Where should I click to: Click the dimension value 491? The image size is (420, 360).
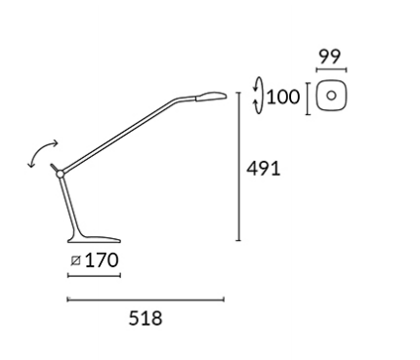[x=263, y=169]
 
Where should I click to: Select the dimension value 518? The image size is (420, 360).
[x=146, y=318]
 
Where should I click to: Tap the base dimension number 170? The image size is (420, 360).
[x=102, y=260]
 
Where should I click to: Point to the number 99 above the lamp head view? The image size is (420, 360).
[x=330, y=57]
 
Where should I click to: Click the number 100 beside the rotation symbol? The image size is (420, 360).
[x=283, y=97]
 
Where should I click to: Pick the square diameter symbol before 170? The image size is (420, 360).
[x=75, y=260]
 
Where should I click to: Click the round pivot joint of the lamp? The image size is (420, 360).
[x=60, y=175]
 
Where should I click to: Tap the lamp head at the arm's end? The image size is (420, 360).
[x=211, y=96]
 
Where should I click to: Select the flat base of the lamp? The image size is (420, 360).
[x=94, y=240]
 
